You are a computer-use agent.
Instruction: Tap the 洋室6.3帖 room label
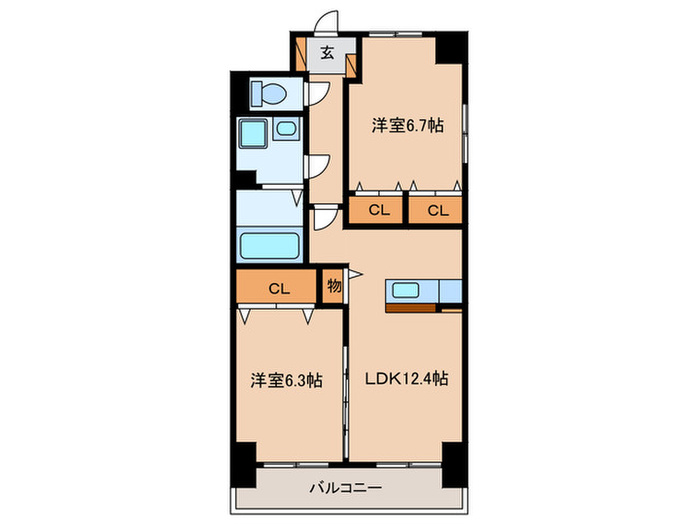(285, 380)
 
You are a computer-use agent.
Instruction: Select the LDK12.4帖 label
(405, 380)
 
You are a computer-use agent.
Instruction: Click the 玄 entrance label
(327, 55)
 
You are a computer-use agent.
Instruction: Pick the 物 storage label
(333, 286)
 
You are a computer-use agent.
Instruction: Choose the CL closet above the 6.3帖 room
(278, 289)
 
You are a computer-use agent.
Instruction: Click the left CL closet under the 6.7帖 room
(377, 210)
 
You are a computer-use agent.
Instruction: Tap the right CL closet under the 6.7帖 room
(436, 210)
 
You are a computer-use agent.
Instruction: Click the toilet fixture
(269, 94)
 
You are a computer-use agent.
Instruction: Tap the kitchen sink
(405, 291)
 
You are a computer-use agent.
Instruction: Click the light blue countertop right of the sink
(449, 291)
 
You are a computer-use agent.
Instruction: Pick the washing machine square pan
(253, 136)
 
